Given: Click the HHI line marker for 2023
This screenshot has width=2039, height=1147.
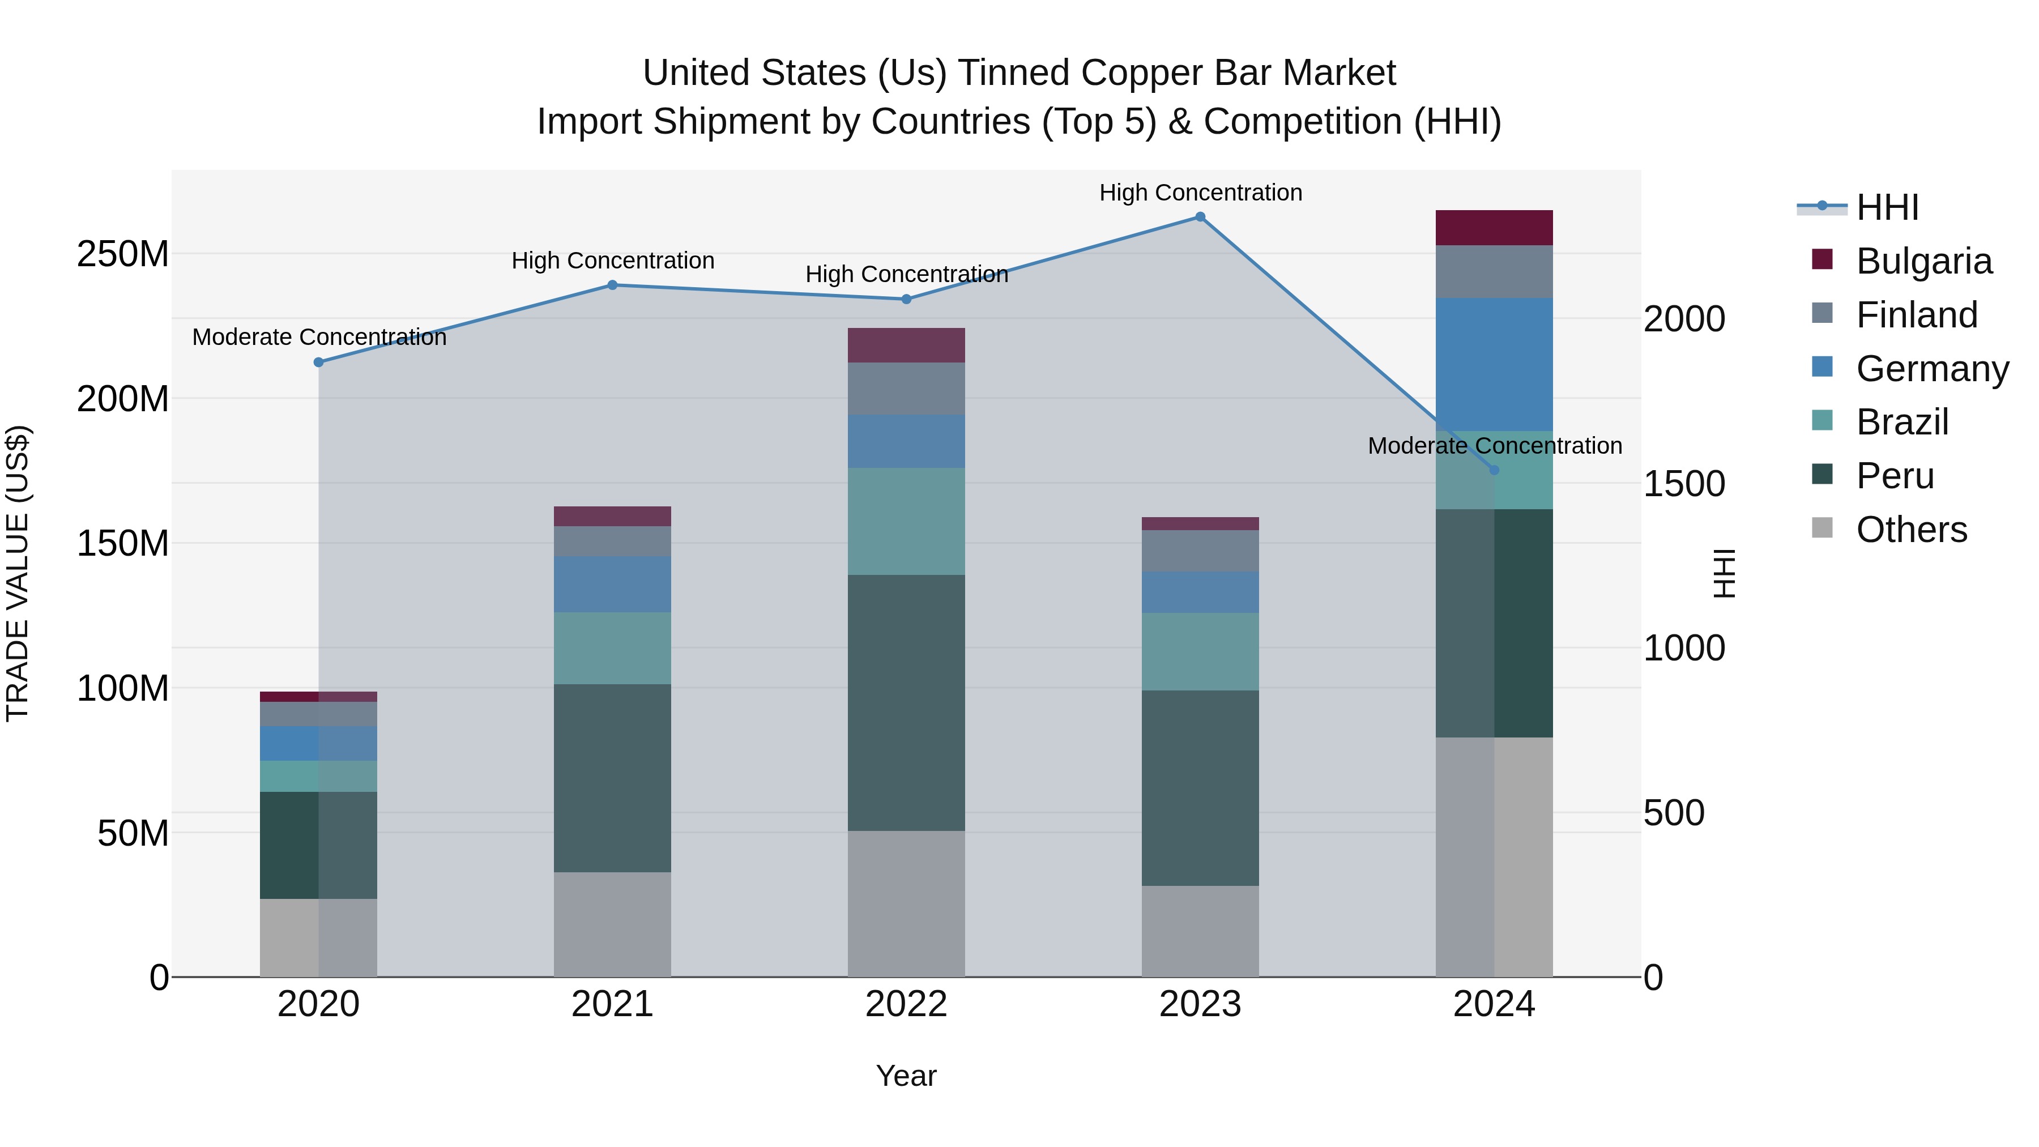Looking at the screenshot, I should tap(1200, 217).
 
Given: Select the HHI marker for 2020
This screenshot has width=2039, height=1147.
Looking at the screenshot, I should tap(318, 363).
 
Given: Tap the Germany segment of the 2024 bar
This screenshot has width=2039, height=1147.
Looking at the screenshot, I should tap(1494, 364).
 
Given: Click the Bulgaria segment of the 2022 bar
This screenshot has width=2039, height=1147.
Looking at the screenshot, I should tap(906, 345).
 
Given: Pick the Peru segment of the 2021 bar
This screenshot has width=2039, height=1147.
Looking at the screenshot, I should tap(612, 778).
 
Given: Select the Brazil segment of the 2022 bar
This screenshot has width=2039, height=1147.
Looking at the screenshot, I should tap(906, 521).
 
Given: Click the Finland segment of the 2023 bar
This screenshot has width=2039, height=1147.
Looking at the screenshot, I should tap(1200, 551).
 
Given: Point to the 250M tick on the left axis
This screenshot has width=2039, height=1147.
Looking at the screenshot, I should tap(123, 254).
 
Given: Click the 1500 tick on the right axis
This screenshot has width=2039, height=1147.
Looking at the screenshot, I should tap(1684, 484).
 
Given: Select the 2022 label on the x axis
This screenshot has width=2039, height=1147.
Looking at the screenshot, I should tap(906, 1004).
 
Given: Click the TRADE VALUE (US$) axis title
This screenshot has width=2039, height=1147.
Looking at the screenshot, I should tap(18, 573).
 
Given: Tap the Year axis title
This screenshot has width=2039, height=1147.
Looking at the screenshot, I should tap(906, 1076).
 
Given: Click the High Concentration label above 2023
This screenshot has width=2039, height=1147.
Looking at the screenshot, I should tap(1200, 193).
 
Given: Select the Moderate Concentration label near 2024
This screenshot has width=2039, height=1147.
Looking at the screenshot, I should tap(1494, 446).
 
